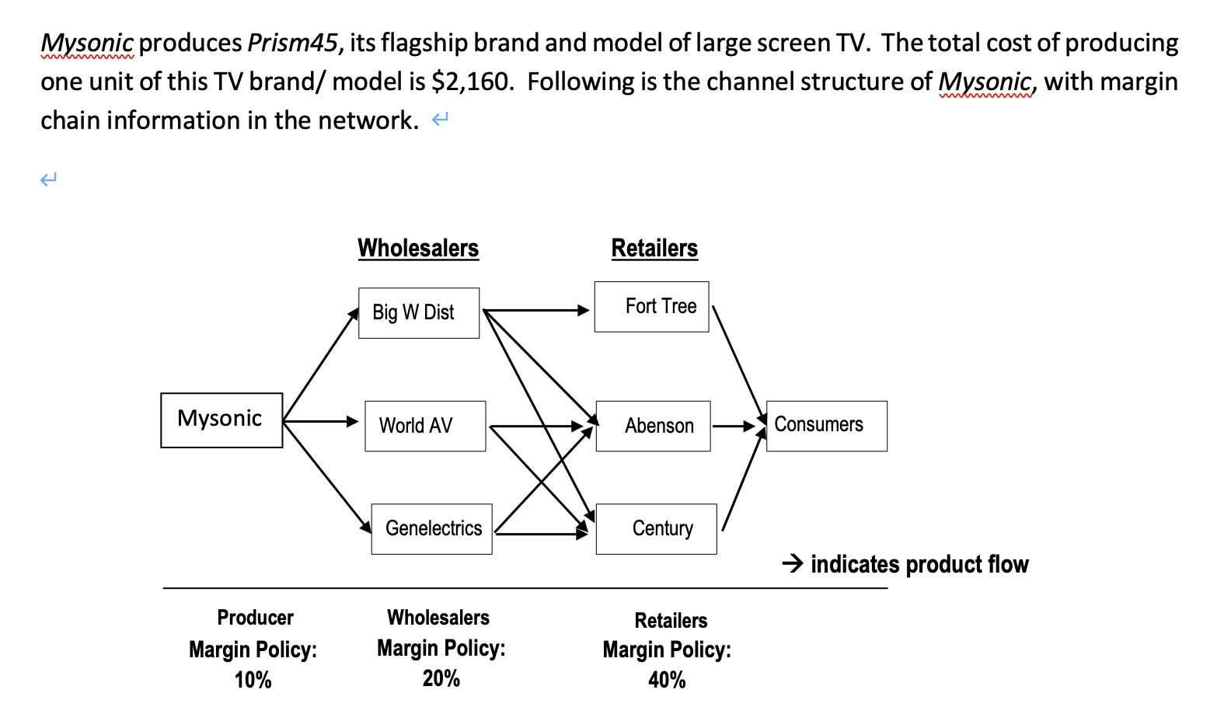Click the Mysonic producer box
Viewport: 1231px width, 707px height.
[x=221, y=420]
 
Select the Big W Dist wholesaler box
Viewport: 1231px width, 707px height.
[x=418, y=312]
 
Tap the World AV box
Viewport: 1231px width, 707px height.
[x=425, y=426]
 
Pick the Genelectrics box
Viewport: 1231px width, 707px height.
[x=431, y=528]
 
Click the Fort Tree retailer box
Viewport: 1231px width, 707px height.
[x=651, y=306]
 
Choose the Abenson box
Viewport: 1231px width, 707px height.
[x=653, y=426]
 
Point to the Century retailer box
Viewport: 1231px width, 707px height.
[x=656, y=528]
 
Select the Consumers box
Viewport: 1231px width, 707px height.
[x=826, y=426]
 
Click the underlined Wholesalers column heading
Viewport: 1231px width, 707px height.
[x=418, y=248]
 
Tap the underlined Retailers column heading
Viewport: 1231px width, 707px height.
[x=654, y=248]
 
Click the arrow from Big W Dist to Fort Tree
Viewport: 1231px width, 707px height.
[x=536, y=310]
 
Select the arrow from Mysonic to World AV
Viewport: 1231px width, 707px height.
[x=320, y=421]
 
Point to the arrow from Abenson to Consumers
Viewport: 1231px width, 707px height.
[x=734, y=426]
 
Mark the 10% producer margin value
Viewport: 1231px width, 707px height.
[x=253, y=680]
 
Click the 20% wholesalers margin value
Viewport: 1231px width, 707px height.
[x=441, y=678]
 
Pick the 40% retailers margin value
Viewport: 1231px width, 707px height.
[x=667, y=680]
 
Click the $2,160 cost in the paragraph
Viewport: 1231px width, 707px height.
[x=471, y=82]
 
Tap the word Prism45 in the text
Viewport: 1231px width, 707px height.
[x=292, y=43]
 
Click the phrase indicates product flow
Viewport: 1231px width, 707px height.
[x=919, y=564]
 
